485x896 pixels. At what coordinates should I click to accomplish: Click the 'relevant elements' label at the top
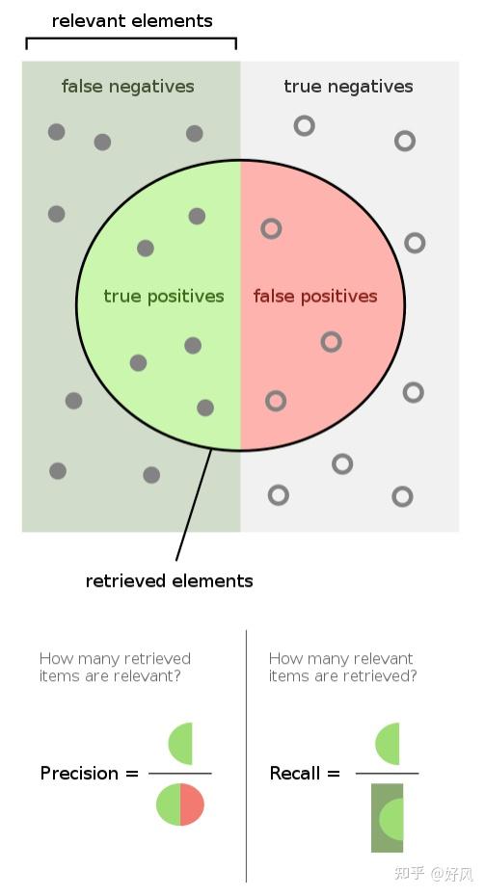(x=132, y=21)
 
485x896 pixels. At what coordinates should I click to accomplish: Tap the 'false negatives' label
(x=128, y=87)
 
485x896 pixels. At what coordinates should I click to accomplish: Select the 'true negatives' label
(x=348, y=87)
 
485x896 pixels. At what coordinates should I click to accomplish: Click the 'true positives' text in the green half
(x=164, y=296)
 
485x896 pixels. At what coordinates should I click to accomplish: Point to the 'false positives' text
(x=315, y=296)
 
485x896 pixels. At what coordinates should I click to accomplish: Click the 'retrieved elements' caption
(x=170, y=581)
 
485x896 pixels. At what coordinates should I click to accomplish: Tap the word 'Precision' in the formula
(x=79, y=773)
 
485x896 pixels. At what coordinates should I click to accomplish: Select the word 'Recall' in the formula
(x=294, y=773)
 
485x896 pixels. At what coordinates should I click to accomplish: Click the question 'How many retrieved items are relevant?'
(x=115, y=667)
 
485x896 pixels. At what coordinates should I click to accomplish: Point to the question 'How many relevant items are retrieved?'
(x=342, y=667)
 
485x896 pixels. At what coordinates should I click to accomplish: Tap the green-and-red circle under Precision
(x=180, y=804)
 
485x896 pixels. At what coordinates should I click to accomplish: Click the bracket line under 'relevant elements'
(x=131, y=39)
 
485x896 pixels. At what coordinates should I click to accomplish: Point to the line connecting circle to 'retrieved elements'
(x=194, y=505)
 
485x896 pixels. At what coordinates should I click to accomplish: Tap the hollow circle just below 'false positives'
(x=331, y=342)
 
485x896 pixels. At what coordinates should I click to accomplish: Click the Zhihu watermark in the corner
(x=434, y=873)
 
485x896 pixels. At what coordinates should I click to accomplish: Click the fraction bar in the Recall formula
(x=388, y=774)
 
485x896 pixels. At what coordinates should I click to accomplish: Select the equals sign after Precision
(x=132, y=774)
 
